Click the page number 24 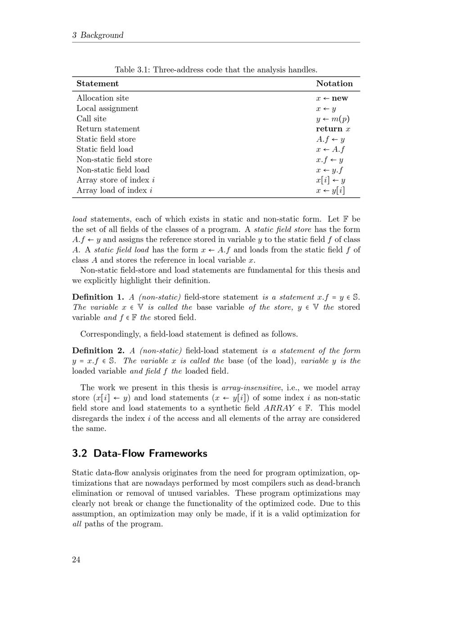click(76, 560)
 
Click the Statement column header click(98, 84)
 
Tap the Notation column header click(334, 84)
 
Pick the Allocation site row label click(103, 98)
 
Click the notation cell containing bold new click(332, 98)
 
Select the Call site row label click(91, 119)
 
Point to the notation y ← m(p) click(333, 119)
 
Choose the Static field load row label click(105, 149)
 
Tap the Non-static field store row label click(114, 160)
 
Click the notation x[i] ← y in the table click(330, 180)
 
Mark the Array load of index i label click(114, 190)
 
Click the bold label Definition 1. click(98, 297)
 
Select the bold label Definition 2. click(98, 351)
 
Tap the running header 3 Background click(98, 35)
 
